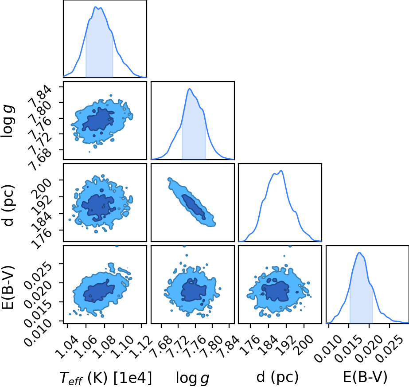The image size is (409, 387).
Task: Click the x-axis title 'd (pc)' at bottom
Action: (277, 377)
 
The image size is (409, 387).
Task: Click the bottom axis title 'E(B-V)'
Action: (365, 377)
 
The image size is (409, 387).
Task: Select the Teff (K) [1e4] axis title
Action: (105, 377)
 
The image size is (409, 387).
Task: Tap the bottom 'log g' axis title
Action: (192, 378)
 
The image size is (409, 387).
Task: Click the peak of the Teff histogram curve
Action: (95, 7)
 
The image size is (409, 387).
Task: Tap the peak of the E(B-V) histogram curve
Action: (359, 252)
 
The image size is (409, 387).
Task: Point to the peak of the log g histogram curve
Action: (190, 89)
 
